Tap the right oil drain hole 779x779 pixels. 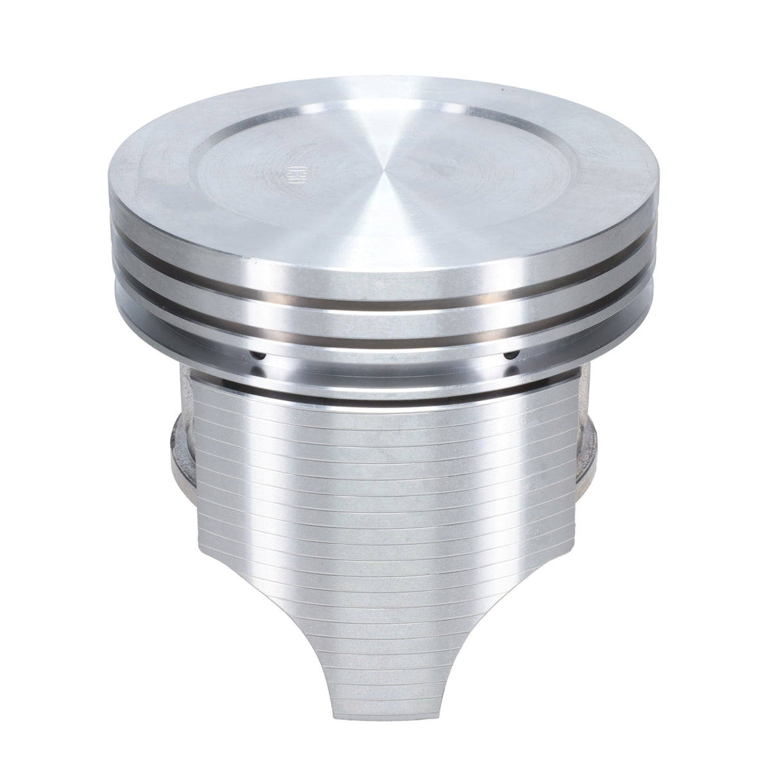511,354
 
